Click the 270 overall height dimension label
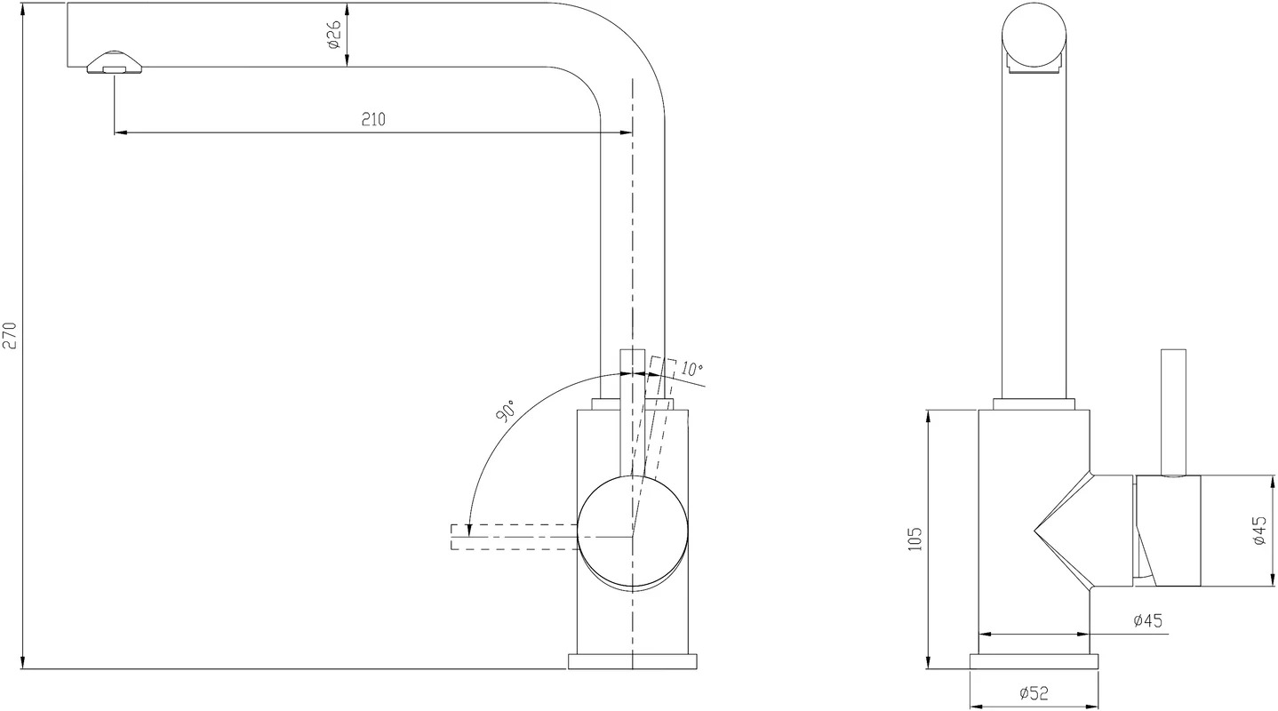11,335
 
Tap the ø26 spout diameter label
334,35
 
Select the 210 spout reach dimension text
373,119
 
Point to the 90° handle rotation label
506,411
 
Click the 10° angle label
691,369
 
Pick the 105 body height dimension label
915,538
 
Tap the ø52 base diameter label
1034,693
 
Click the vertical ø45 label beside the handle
1259,530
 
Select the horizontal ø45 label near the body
1148,620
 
